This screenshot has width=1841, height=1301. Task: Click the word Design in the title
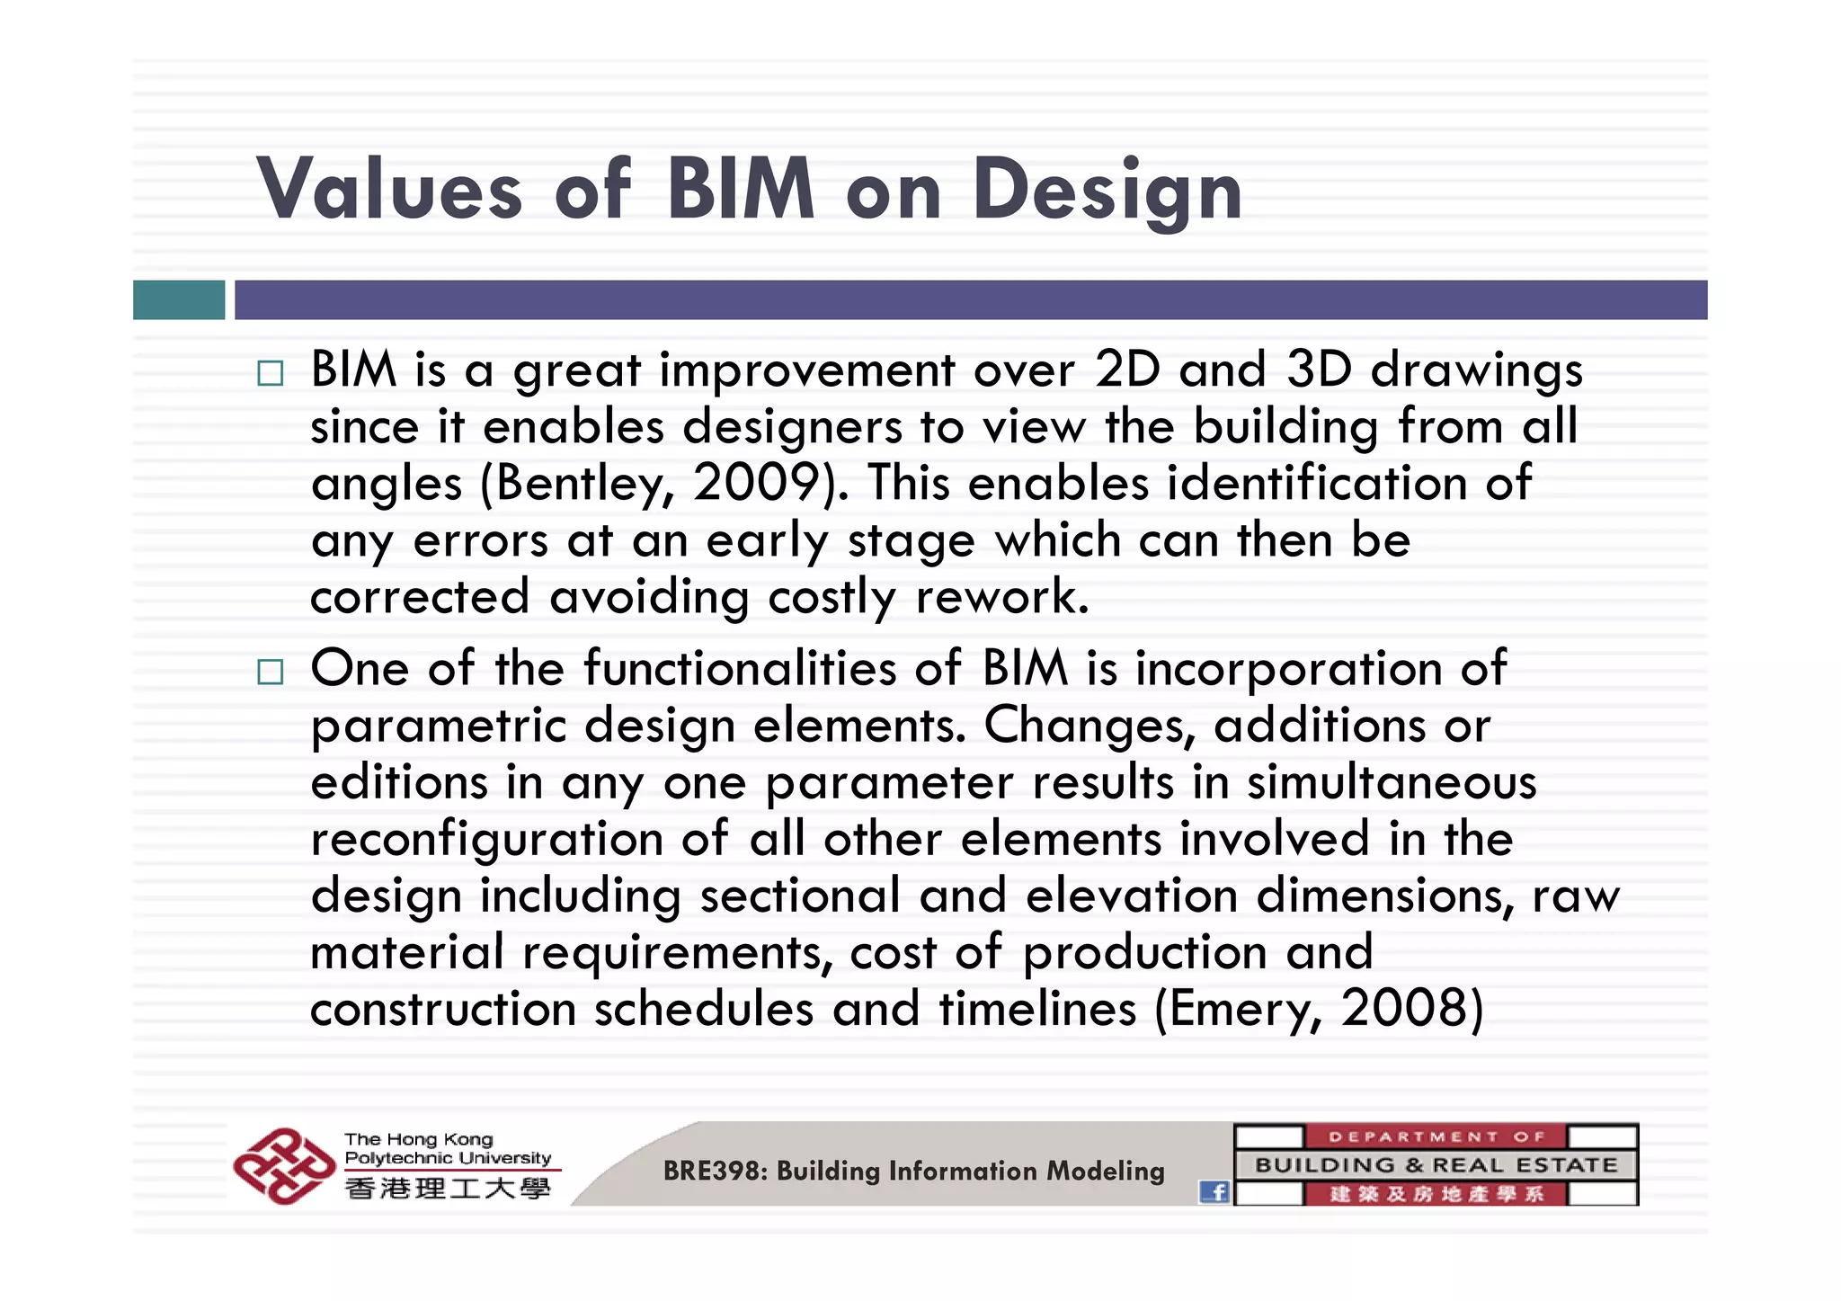tap(1107, 191)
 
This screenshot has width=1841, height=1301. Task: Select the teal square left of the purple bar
tap(179, 299)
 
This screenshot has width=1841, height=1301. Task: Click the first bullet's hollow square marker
tap(270, 373)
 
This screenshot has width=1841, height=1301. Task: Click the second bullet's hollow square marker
tap(270, 672)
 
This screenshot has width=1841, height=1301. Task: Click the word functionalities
tap(740, 668)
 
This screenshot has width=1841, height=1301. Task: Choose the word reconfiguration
tap(487, 840)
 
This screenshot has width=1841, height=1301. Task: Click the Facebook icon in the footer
tap(1214, 1191)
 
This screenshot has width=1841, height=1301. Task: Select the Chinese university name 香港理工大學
tap(448, 1189)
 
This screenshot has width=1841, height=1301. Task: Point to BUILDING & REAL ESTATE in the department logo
tap(1436, 1165)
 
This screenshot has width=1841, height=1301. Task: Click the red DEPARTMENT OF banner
tap(1436, 1136)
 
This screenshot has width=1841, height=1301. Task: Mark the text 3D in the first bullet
tap(1319, 370)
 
